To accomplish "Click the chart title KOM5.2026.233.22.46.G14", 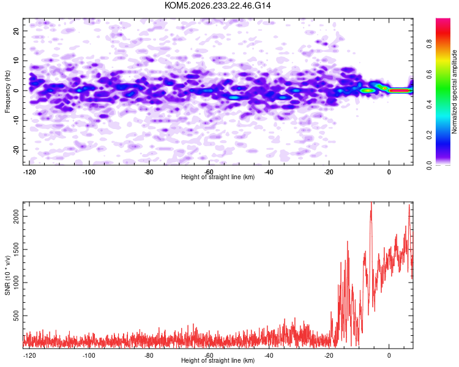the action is (217, 6).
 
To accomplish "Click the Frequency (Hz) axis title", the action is (7, 92).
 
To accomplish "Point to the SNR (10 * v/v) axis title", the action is (7, 275).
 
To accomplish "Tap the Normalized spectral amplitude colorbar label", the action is (454, 92).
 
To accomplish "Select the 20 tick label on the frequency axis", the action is (16, 31).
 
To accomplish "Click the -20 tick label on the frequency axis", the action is (16, 150).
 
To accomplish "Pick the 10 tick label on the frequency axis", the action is (16, 61).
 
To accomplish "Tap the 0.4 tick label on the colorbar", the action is (429, 104).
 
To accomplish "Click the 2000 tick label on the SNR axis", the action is (16, 217).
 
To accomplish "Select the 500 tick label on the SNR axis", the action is (16, 316).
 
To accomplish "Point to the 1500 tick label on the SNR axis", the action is (16, 250).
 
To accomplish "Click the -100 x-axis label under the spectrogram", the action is (89, 172).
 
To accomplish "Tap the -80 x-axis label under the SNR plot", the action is (149, 355).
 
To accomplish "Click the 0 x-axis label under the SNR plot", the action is (389, 355).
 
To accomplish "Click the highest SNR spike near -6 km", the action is (371, 203).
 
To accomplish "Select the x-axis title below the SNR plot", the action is (218, 360).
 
